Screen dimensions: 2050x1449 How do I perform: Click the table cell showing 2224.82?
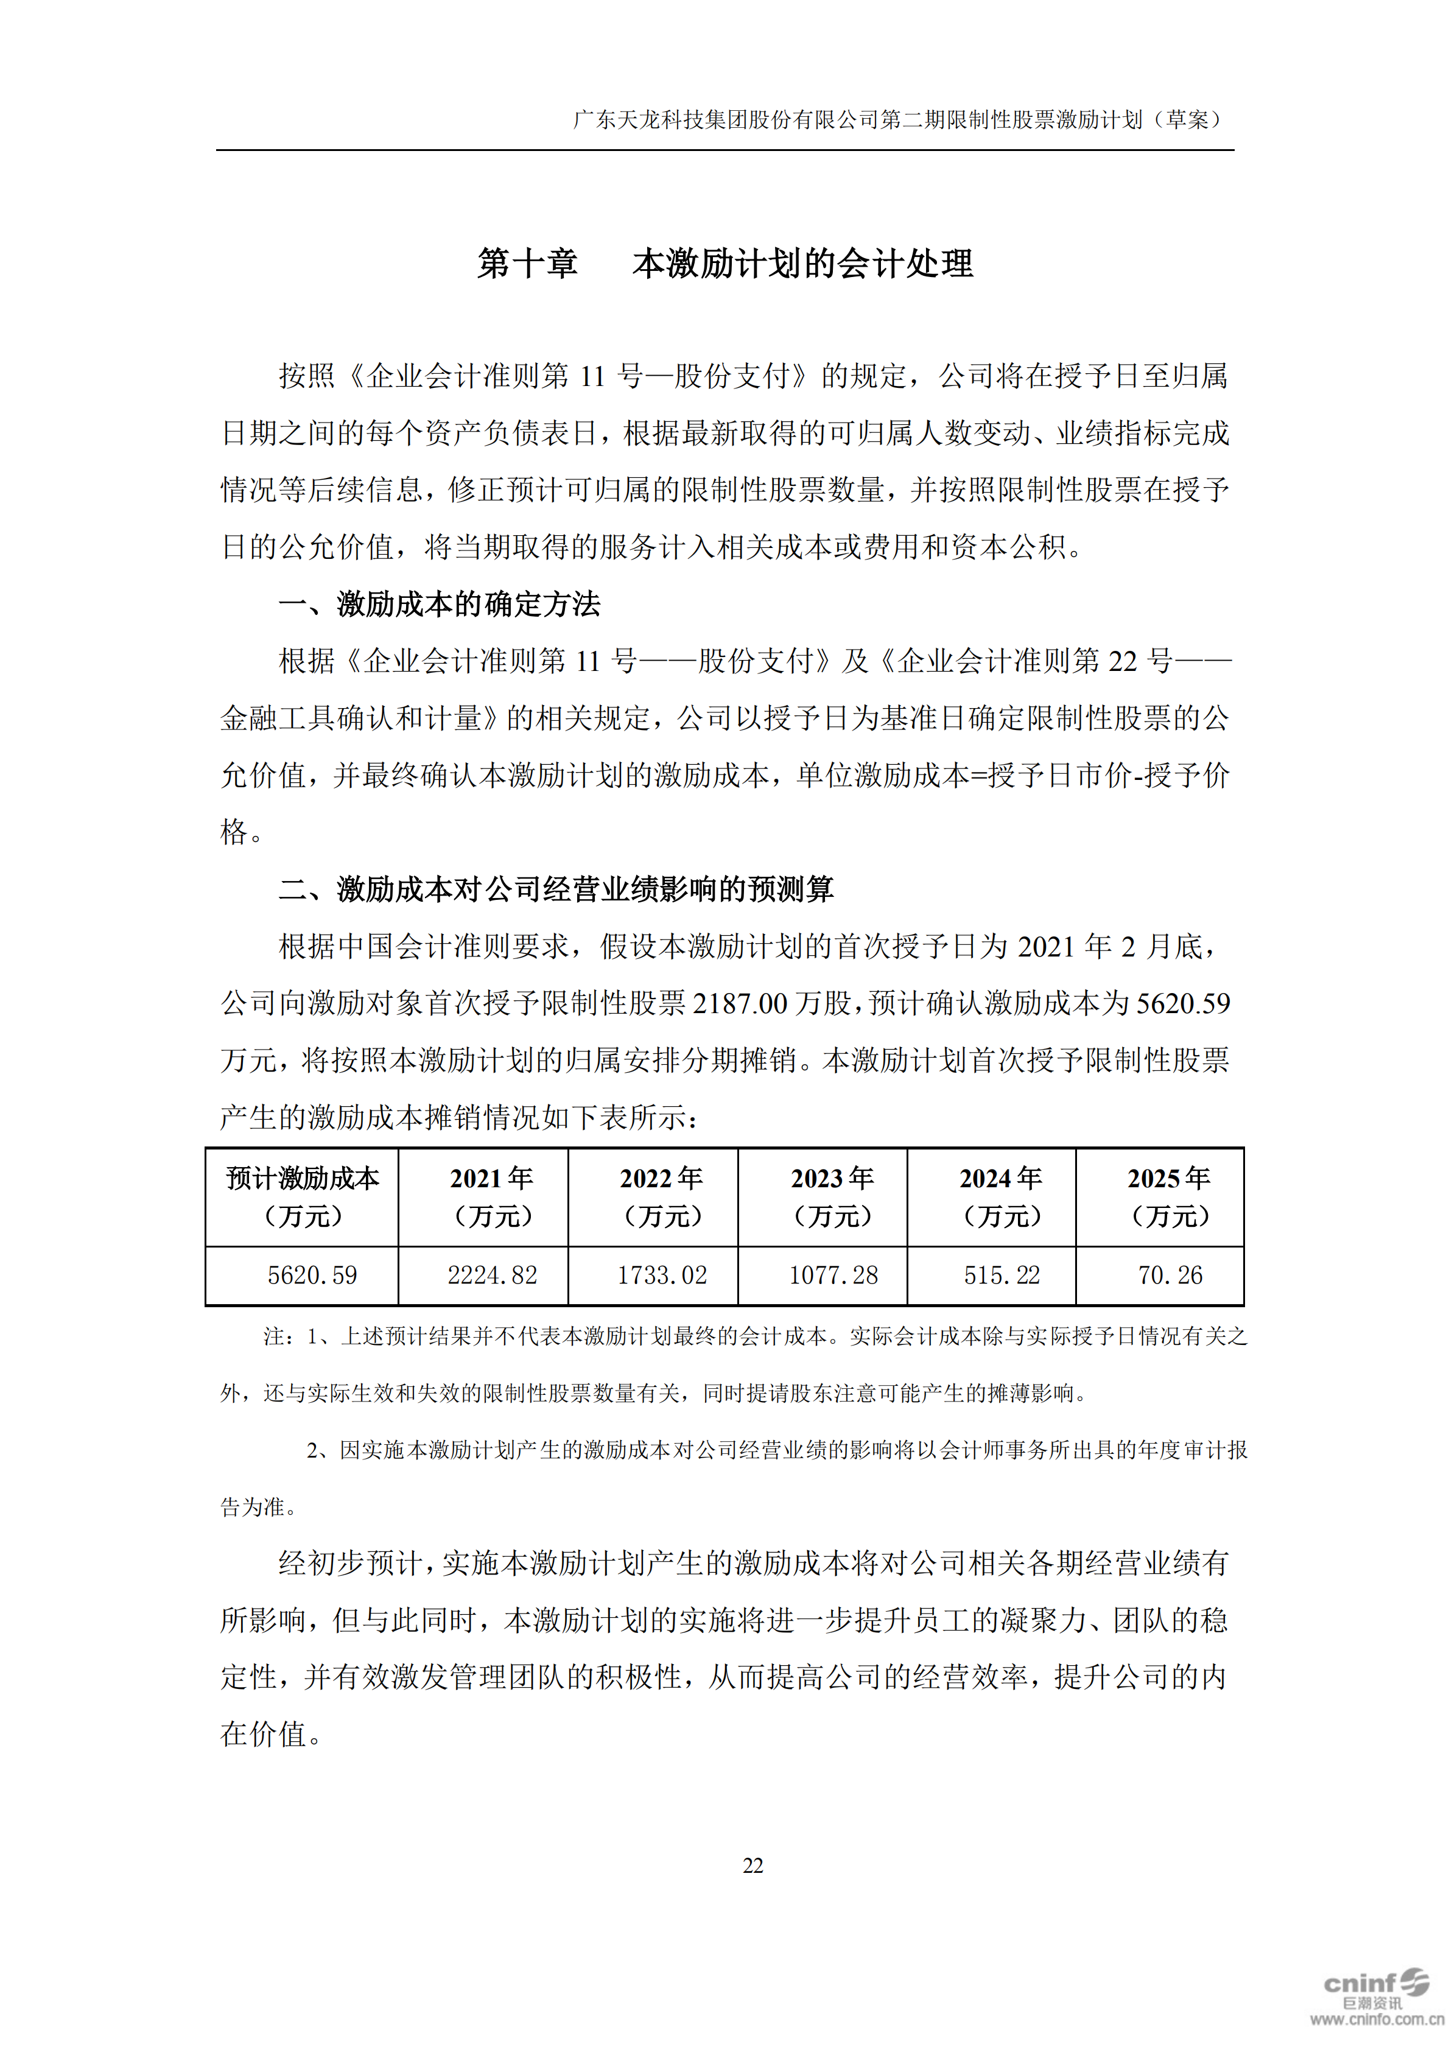492,1275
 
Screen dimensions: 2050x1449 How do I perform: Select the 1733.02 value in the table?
662,1275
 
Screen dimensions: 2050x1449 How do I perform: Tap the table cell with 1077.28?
832,1275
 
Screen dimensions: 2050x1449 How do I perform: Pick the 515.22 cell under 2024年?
1001,1275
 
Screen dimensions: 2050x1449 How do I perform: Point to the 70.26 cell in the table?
1170,1275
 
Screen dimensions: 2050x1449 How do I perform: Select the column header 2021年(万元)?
492,1196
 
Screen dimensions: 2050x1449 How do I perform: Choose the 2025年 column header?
1169,1196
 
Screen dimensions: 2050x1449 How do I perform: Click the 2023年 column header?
832,1196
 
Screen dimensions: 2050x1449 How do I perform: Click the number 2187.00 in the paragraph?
739,1003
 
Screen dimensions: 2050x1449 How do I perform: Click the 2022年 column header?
662,1196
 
